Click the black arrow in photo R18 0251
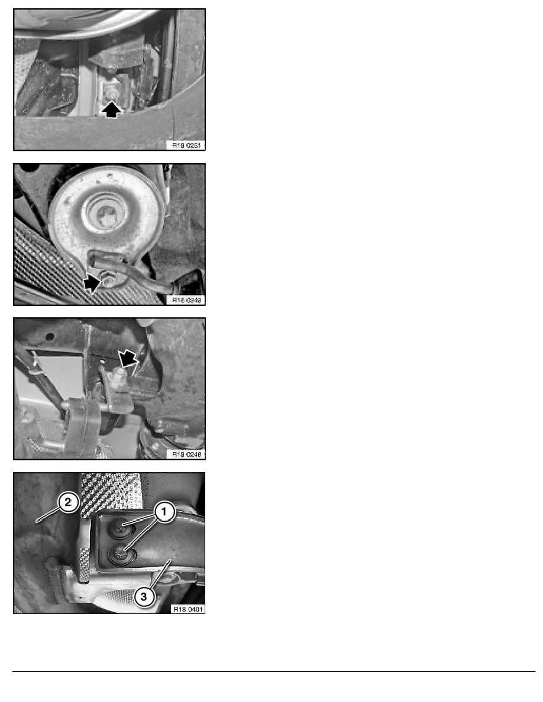click(113, 110)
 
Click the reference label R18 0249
click(186, 300)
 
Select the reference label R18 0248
click(186, 454)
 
